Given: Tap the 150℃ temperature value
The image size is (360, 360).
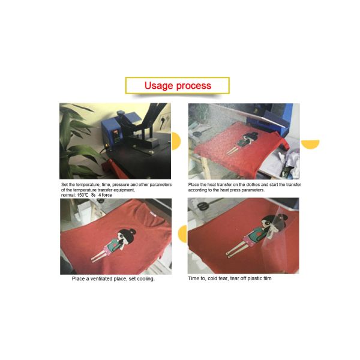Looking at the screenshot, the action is tap(82, 195).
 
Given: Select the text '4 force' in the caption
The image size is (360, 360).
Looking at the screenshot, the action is tap(105, 195).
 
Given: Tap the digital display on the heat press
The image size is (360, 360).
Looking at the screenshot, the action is tap(116, 133).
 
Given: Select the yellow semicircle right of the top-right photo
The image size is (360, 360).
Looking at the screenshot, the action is tap(310, 144).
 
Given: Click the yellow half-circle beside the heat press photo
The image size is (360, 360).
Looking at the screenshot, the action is tap(176, 141).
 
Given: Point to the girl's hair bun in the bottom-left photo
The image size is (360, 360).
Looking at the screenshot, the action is tap(133, 232).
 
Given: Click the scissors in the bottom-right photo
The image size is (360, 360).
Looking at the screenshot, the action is tap(203, 206).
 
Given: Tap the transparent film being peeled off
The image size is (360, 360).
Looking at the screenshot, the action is tap(275, 236).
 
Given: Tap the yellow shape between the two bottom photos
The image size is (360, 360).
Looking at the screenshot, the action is tap(183, 234).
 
